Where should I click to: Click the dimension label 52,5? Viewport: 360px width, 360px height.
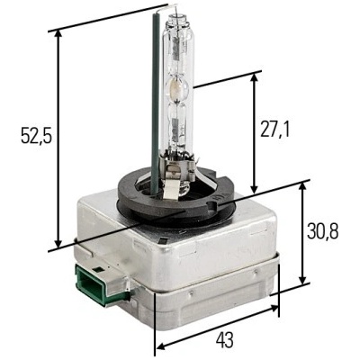37,137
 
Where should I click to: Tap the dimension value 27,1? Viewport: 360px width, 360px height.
274,130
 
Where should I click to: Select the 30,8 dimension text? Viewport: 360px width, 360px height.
323,231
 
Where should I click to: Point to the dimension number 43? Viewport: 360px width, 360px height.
225,340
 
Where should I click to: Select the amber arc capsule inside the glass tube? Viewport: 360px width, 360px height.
174,87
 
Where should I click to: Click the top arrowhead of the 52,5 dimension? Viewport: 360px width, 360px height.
58,35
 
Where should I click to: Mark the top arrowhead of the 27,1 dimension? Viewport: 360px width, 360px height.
254,77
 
